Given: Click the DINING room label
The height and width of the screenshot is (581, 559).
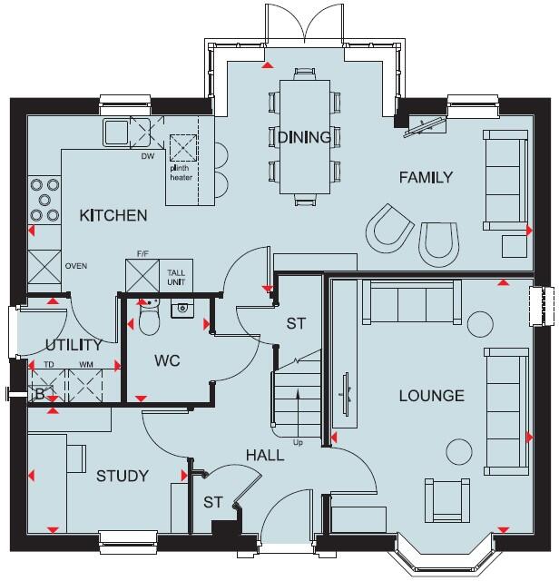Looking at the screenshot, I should coord(305,137).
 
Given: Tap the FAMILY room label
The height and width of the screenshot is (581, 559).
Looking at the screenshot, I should coord(426,177).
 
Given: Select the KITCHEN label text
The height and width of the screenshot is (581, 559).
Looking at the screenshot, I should coord(113,215).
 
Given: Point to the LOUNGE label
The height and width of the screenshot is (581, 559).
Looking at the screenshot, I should coord(432,395).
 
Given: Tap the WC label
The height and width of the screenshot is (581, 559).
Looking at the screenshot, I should coord(168,360).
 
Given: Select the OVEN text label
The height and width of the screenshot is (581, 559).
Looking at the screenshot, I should coord(75,267).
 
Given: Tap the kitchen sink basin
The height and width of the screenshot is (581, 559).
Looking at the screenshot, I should coord(116,133).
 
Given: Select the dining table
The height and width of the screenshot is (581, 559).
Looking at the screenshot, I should coord(304,136).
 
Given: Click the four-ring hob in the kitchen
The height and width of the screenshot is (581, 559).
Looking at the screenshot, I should coord(44,200).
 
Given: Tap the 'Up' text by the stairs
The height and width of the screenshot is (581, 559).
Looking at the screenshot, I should coord(298,442).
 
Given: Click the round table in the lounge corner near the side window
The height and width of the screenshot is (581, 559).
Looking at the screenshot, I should coord(480,321).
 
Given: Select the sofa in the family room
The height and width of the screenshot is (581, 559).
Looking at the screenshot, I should coord(505,179).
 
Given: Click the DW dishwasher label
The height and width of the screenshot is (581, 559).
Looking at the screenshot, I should coord(147,155).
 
